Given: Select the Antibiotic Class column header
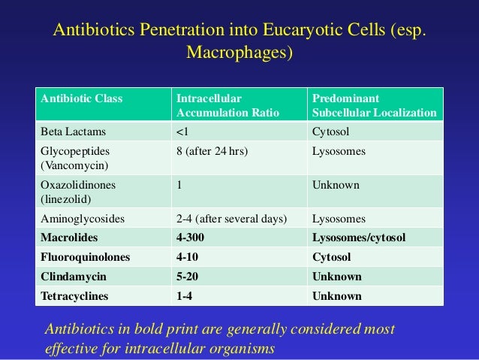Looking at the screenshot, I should click(81, 98).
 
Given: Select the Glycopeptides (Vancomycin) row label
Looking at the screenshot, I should click(77, 158).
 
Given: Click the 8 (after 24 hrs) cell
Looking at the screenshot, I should click(212, 151).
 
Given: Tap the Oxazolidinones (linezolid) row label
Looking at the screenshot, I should click(79, 192).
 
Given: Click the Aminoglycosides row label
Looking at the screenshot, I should click(83, 219).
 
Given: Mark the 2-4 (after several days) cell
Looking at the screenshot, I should click(231, 219).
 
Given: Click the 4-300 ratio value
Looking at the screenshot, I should click(192, 238).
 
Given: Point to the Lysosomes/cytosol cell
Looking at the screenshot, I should click(358, 238).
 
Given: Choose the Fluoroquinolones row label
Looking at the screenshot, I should click(85, 257).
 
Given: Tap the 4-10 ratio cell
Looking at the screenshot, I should click(188, 257).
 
